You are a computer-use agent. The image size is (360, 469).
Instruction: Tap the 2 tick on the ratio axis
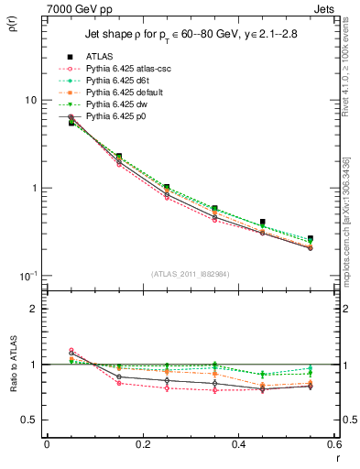(35, 309)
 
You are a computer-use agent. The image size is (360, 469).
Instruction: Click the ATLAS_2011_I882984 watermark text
(191, 274)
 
